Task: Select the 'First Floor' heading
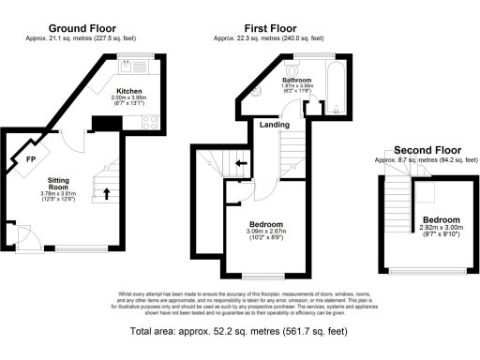266,30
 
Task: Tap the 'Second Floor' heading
428,150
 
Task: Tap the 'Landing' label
274,125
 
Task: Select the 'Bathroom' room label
297,81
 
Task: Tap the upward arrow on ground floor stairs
106,194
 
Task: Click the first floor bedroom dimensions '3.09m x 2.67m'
249,231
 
